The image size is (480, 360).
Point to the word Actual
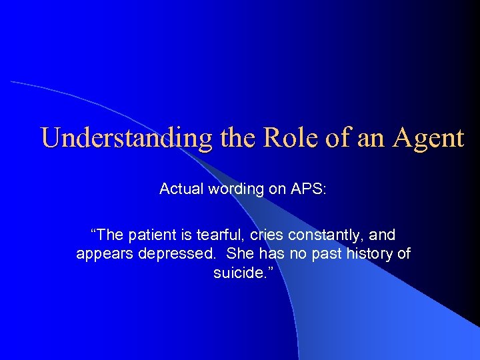(181, 189)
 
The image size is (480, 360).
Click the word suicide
(238, 273)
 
